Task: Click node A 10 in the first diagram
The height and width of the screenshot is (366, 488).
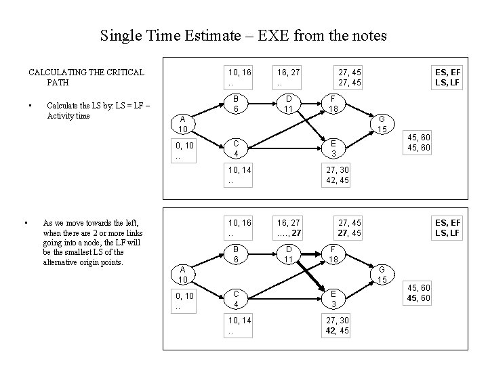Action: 182,125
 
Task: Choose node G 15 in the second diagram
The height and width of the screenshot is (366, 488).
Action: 382,274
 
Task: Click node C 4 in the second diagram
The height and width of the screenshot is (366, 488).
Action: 235,299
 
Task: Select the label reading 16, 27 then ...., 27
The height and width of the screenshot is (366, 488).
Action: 289,227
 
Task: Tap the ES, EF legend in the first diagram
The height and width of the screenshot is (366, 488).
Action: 448,76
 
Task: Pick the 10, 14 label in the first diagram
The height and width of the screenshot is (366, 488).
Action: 239,175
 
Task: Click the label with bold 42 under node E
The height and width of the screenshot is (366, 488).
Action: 338,326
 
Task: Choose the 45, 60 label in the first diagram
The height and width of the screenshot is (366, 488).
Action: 418,142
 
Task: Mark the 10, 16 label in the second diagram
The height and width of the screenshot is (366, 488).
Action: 239,227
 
